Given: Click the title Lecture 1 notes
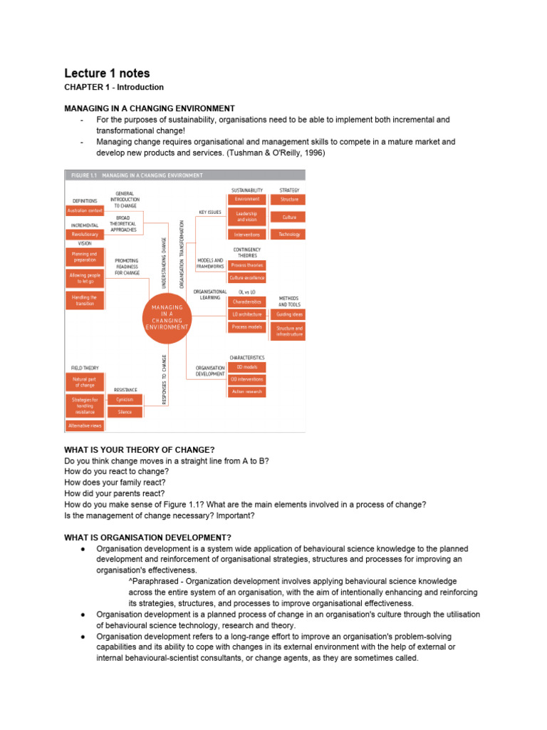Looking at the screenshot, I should click(107, 73).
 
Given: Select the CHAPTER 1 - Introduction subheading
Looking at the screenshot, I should click(114, 88).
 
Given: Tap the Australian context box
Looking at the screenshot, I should click(85, 211).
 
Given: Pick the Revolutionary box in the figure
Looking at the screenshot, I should click(85, 234).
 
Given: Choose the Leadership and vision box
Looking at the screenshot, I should click(248, 216).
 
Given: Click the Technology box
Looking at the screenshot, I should click(289, 234).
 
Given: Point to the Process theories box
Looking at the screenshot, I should click(246, 265).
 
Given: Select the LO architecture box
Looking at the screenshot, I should click(246, 314).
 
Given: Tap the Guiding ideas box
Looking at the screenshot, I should click(289, 314).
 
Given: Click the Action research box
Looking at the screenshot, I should click(246, 391).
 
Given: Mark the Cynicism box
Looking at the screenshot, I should click(125, 399).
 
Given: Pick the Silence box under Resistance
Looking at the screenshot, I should click(125, 412).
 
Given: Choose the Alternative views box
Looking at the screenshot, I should click(85, 426).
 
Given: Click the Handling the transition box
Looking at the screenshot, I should click(85, 299).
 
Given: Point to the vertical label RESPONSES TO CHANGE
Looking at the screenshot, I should click(164, 380).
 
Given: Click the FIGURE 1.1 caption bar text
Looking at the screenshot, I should click(135, 175).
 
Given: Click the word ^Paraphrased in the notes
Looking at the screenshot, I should click(150, 582).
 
